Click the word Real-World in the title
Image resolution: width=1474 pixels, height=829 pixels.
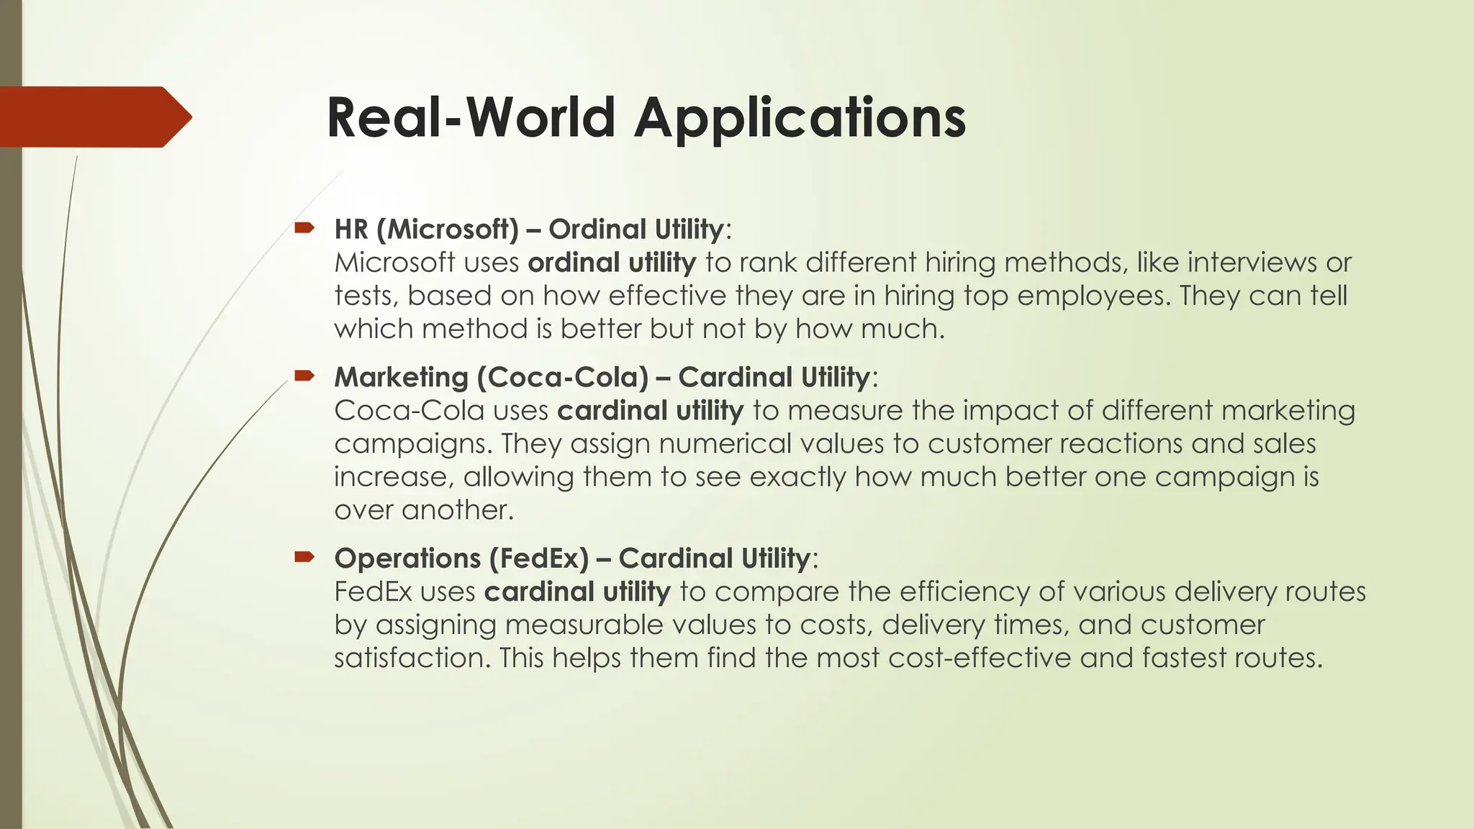471,119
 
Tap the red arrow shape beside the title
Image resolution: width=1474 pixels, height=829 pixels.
94,117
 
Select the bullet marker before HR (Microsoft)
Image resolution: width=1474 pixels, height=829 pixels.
304,229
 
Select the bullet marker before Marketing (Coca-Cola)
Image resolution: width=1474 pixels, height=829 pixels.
304,376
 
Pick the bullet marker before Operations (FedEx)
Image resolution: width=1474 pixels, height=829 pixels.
304,556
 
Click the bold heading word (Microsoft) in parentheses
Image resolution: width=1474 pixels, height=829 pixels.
447,230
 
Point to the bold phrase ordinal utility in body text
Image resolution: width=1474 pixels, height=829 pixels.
612,263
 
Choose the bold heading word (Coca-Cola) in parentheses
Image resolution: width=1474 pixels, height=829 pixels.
562,378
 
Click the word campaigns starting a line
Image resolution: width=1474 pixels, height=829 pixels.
412,444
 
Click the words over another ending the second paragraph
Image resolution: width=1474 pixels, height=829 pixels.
424,510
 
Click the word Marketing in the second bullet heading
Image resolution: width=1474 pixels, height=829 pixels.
402,378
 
